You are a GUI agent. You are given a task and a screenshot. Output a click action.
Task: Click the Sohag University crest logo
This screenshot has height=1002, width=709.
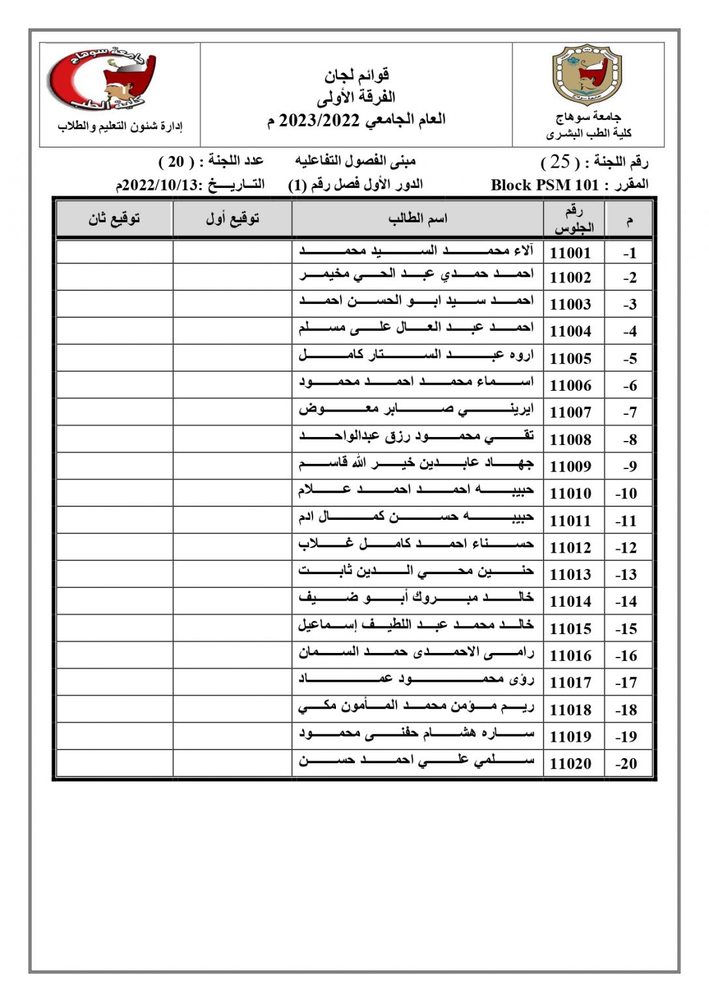tap(588, 74)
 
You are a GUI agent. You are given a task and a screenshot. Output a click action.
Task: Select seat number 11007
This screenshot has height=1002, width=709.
tap(570, 412)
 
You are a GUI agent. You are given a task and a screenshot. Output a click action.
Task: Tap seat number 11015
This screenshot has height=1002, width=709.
tap(570, 629)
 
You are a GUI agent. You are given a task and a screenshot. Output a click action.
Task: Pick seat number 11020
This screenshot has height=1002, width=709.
tap(570, 764)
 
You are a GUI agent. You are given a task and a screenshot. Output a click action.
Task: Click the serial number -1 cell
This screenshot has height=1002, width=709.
tap(629, 253)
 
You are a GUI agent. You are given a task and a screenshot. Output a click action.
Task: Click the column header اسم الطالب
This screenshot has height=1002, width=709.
tap(417, 219)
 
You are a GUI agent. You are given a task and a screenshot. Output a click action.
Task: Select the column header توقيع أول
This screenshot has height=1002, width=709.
tap(232, 219)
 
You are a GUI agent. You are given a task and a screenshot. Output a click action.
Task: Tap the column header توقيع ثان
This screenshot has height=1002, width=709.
tap(114, 219)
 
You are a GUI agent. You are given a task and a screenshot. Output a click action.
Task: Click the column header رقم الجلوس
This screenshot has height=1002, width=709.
tap(574, 219)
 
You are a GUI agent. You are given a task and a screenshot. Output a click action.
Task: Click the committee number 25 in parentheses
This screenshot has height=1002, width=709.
tap(560, 161)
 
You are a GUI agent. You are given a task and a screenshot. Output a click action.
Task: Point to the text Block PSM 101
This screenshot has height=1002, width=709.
tap(544, 185)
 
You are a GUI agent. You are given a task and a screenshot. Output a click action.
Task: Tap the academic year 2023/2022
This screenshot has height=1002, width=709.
tap(320, 121)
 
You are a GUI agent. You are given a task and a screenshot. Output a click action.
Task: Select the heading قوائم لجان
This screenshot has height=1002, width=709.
tap(357, 76)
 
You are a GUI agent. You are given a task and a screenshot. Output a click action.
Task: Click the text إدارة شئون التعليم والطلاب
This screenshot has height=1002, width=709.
tap(120, 126)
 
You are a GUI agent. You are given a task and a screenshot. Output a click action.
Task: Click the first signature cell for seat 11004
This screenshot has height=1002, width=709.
tap(232, 331)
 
